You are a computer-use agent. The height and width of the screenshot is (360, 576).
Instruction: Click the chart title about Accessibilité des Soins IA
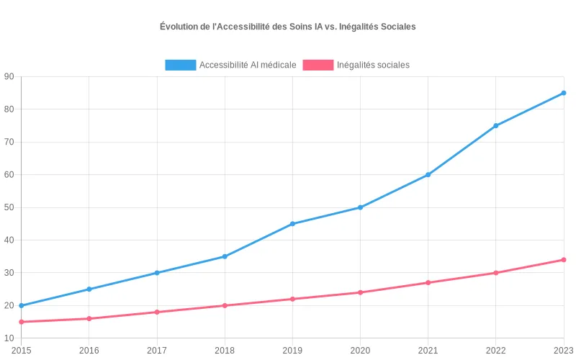(x=288, y=27)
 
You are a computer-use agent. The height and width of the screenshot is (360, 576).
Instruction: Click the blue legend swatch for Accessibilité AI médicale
(x=180, y=65)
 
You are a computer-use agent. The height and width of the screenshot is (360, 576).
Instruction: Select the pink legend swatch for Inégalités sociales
(x=318, y=65)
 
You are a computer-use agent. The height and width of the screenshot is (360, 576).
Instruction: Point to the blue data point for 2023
(x=564, y=93)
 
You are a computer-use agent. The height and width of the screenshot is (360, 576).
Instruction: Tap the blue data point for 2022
(x=496, y=126)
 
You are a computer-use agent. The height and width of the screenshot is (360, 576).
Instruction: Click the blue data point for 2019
(x=292, y=224)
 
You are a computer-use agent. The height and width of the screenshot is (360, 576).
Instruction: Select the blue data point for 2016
(x=89, y=289)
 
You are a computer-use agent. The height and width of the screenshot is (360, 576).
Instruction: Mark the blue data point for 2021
(x=428, y=175)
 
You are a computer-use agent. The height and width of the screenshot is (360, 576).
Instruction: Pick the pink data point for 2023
(x=564, y=260)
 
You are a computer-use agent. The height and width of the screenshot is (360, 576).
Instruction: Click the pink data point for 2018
(x=225, y=305)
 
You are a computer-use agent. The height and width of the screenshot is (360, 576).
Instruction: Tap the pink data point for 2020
(x=360, y=292)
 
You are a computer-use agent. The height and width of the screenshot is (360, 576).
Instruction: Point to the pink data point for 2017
(x=157, y=312)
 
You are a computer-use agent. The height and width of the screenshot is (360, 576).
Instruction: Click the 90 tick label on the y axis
(x=9, y=76)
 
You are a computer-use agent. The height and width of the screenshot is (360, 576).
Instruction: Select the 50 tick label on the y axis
(x=9, y=207)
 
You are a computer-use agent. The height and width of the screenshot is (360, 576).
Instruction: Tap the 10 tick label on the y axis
(x=9, y=338)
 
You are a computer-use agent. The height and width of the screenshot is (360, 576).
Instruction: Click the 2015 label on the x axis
(x=21, y=350)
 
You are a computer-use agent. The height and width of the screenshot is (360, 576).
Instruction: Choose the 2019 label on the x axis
(x=292, y=350)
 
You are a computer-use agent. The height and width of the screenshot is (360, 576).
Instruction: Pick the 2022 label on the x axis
(x=496, y=350)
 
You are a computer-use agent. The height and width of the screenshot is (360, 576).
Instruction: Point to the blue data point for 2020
(x=360, y=207)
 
